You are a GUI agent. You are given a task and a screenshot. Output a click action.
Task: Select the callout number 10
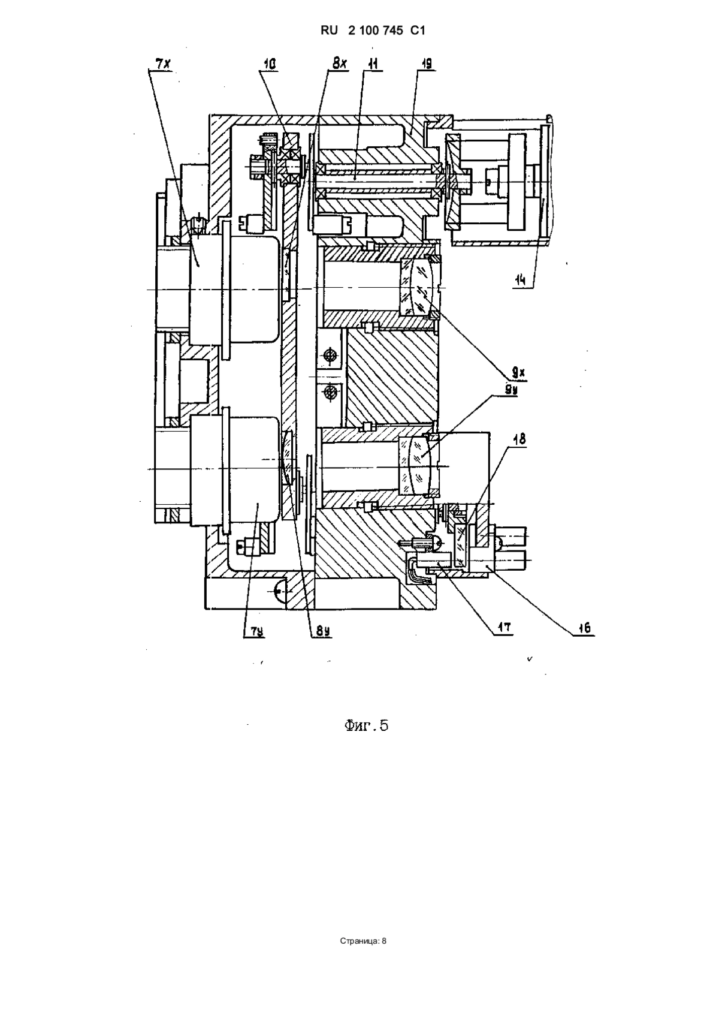click(270, 64)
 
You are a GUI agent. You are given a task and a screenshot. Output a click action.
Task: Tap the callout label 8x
click(339, 64)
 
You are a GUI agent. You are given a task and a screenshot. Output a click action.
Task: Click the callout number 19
click(426, 64)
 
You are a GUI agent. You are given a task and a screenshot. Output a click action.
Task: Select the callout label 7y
click(252, 631)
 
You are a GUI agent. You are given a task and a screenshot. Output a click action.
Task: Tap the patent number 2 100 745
click(376, 31)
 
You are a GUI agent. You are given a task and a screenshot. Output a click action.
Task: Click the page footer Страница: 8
click(363, 941)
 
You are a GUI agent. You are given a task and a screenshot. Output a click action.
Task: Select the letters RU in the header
click(330, 31)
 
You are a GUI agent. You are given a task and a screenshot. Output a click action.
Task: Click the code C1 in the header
click(418, 31)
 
